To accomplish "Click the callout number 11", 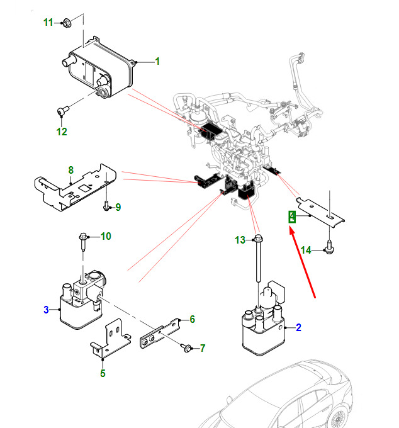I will click(x=48, y=23).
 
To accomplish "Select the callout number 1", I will click(x=157, y=62).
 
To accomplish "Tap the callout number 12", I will click(x=61, y=132).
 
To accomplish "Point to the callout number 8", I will click(x=71, y=170).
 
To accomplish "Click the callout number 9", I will click(x=118, y=207).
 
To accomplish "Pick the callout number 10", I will click(x=106, y=237).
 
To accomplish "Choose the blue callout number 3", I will click(x=46, y=309).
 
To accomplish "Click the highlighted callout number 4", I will click(x=292, y=217).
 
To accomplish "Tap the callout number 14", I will click(x=306, y=250).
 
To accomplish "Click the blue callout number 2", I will click(x=298, y=327).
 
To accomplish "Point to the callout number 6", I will click(x=192, y=320).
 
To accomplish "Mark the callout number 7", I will click(x=203, y=348).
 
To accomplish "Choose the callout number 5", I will click(x=103, y=373).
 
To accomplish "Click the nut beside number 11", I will click(x=67, y=24).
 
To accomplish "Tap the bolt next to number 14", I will click(x=329, y=249).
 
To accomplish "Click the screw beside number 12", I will click(x=62, y=112).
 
